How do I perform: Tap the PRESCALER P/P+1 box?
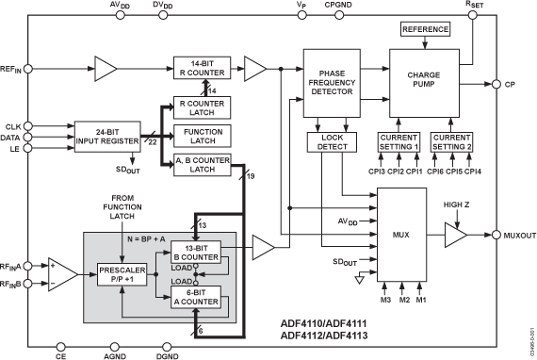[x=122, y=273]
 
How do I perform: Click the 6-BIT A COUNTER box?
[x=196, y=297]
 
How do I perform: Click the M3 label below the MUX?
[x=384, y=300]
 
